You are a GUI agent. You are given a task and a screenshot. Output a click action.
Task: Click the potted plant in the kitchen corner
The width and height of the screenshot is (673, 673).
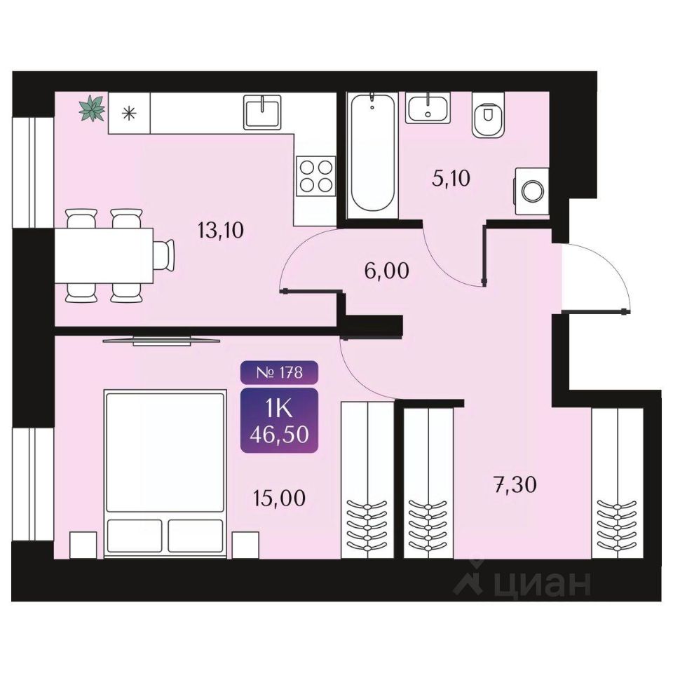pyautogui.click(x=92, y=108)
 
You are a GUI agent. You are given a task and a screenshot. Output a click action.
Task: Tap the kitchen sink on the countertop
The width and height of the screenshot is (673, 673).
pyautogui.click(x=263, y=112)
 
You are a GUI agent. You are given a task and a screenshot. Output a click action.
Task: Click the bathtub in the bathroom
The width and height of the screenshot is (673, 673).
pyautogui.click(x=372, y=152)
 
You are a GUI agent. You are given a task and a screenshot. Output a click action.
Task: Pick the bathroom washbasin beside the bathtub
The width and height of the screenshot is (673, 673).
pyautogui.click(x=428, y=108)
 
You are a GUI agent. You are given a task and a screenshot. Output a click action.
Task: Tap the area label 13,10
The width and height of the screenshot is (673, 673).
pyautogui.click(x=221, y=231)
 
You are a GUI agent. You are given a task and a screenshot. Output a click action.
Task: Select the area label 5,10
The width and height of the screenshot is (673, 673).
pyautogui.click(x=451, y=178)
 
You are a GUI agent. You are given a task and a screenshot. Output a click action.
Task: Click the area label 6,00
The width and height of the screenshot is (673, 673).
pyautogui.click(x=386, y=271)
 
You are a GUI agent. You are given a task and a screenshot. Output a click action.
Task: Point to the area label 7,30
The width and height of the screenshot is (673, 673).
pyautogui.click(x=514, y=485)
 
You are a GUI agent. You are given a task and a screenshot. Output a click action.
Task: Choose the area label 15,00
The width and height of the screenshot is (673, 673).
pyautogui.click(x=279, y=498)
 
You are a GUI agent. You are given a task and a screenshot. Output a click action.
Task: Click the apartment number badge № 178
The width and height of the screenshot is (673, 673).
pyautogui.click(x=280, y=372)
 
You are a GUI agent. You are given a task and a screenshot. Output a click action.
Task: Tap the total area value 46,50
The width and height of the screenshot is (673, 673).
pyautogui.click(x=280, y=435)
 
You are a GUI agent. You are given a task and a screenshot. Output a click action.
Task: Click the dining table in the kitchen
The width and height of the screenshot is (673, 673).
pyautogui.click(x=104, y=255)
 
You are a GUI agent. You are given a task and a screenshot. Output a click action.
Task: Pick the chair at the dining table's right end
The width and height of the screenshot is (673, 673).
pyautogui.click(x=164, y=255)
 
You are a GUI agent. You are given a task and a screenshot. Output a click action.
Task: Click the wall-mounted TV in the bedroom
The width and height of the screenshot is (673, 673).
pyautogui.click(x=162, y=341)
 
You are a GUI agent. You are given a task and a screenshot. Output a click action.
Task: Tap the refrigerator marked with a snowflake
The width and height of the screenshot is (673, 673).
pyautogui.click(x=129, y=114)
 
